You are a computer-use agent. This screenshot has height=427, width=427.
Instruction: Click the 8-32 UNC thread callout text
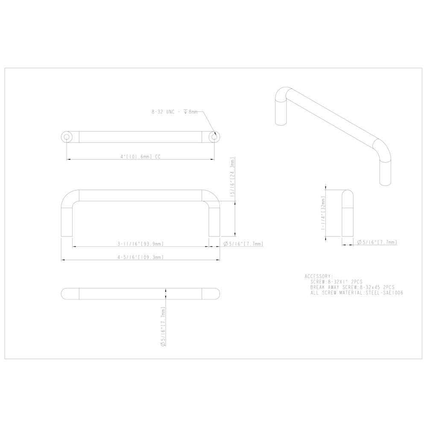174,112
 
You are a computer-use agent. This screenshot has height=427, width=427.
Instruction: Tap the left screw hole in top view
67,137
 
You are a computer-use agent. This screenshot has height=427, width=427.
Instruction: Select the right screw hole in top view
214,137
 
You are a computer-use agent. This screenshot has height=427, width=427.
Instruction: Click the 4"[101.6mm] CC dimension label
140,157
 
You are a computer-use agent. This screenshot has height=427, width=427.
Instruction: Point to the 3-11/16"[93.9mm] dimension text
140,244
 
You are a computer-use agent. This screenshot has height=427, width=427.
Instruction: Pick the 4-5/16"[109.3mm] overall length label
140,257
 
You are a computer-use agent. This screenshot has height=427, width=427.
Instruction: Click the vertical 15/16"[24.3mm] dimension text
232,177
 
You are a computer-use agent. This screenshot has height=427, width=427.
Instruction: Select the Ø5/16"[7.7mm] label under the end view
377,242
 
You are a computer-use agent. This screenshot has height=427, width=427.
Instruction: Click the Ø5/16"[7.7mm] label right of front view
243,244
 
